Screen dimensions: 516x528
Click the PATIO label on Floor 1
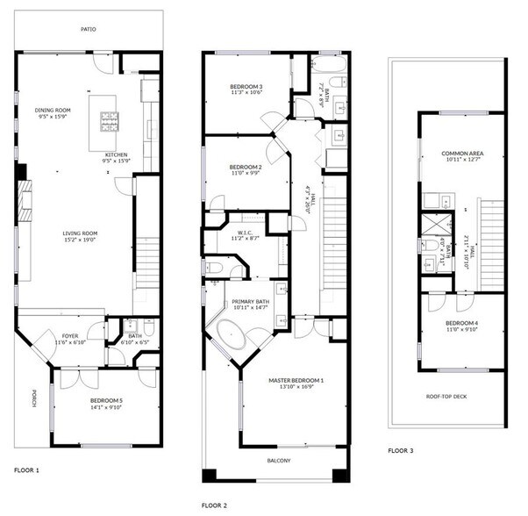(x=89, y=29)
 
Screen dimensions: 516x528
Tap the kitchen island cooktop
(x=109, y=120)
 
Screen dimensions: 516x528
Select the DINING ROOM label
(x=53, y=110)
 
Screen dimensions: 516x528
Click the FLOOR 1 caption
(x=26, y=470)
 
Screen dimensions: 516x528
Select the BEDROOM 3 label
(x=246, y=86)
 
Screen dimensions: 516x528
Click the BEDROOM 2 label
(x=246, y=167)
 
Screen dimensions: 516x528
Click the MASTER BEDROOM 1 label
(x=296, y=380)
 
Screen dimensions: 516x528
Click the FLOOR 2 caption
(x=214, y=505)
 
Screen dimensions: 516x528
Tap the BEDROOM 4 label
(x=461, y=325)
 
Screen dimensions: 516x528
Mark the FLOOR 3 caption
(x=401, y=450)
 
